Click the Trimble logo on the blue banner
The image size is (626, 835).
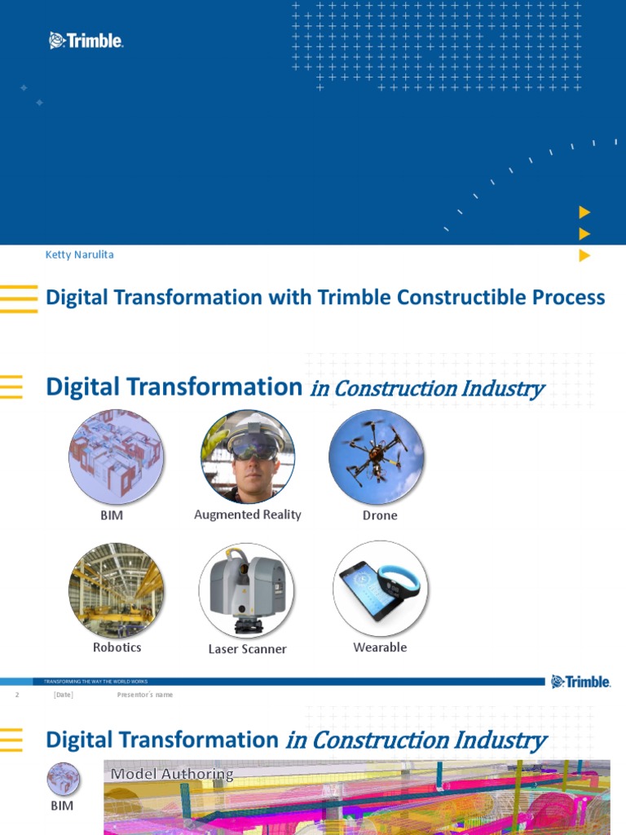86,40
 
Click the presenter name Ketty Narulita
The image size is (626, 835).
79,254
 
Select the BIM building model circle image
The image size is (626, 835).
116,457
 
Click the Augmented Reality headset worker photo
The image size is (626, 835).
248,457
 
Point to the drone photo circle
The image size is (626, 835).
377,457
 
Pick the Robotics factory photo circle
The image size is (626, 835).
116,590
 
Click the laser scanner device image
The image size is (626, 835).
246,590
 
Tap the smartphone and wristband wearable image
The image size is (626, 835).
380,588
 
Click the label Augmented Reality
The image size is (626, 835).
248,515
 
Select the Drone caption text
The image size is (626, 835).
380,515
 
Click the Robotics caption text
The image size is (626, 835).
117,647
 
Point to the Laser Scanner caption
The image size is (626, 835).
247,649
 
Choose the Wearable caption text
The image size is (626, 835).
380,647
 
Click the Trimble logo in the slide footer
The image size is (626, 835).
580,682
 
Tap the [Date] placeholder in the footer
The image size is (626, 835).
63,695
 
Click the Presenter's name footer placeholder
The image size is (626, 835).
145,695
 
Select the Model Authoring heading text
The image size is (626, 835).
172,774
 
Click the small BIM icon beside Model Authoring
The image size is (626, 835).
63,780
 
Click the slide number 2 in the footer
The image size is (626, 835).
16,695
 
